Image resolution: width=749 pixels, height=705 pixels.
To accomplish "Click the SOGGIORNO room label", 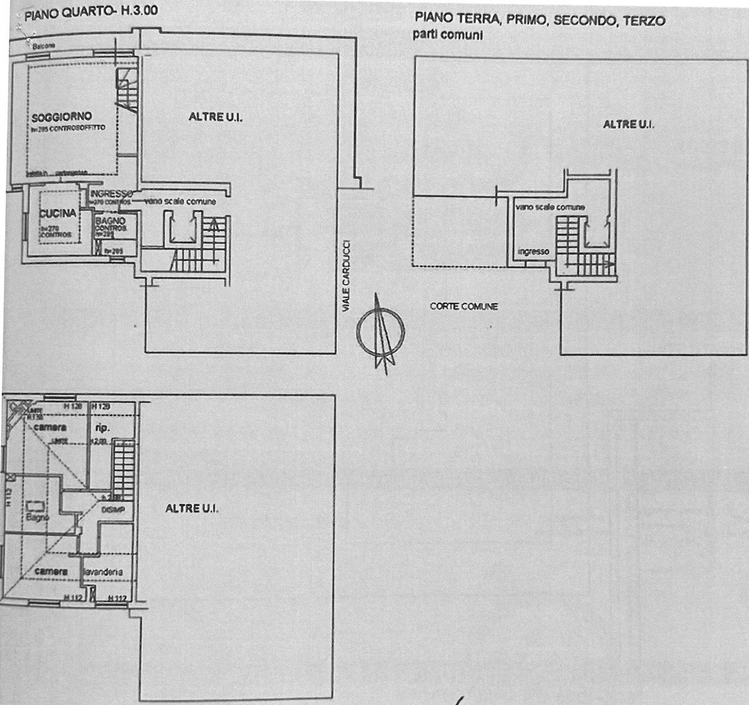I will [x=62, y=117].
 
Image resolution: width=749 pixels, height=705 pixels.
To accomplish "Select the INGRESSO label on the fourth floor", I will [x=111, y=193].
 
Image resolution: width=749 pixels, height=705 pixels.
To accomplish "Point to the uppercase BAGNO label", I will [x=111, y=221].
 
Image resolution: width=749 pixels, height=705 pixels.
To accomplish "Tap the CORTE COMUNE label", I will [x=464, y=306].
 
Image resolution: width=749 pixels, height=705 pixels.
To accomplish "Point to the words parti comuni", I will [x=448, y=36].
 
